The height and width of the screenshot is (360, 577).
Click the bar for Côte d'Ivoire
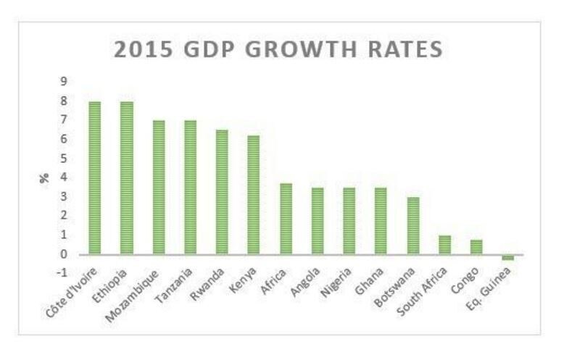pos(94,178)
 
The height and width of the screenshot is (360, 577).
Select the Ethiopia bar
pos(126,178)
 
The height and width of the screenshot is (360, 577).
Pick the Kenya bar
pos(253,195)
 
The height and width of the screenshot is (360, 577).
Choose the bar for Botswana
pos(412,225)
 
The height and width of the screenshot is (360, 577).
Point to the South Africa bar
pos(444,245)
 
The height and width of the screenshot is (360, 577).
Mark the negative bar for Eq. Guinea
pos(507,257)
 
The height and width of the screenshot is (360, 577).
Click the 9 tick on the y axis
pos(63,81)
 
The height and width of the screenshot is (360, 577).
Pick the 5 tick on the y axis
pos(63,158)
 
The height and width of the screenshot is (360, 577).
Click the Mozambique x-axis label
pos(145,290)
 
